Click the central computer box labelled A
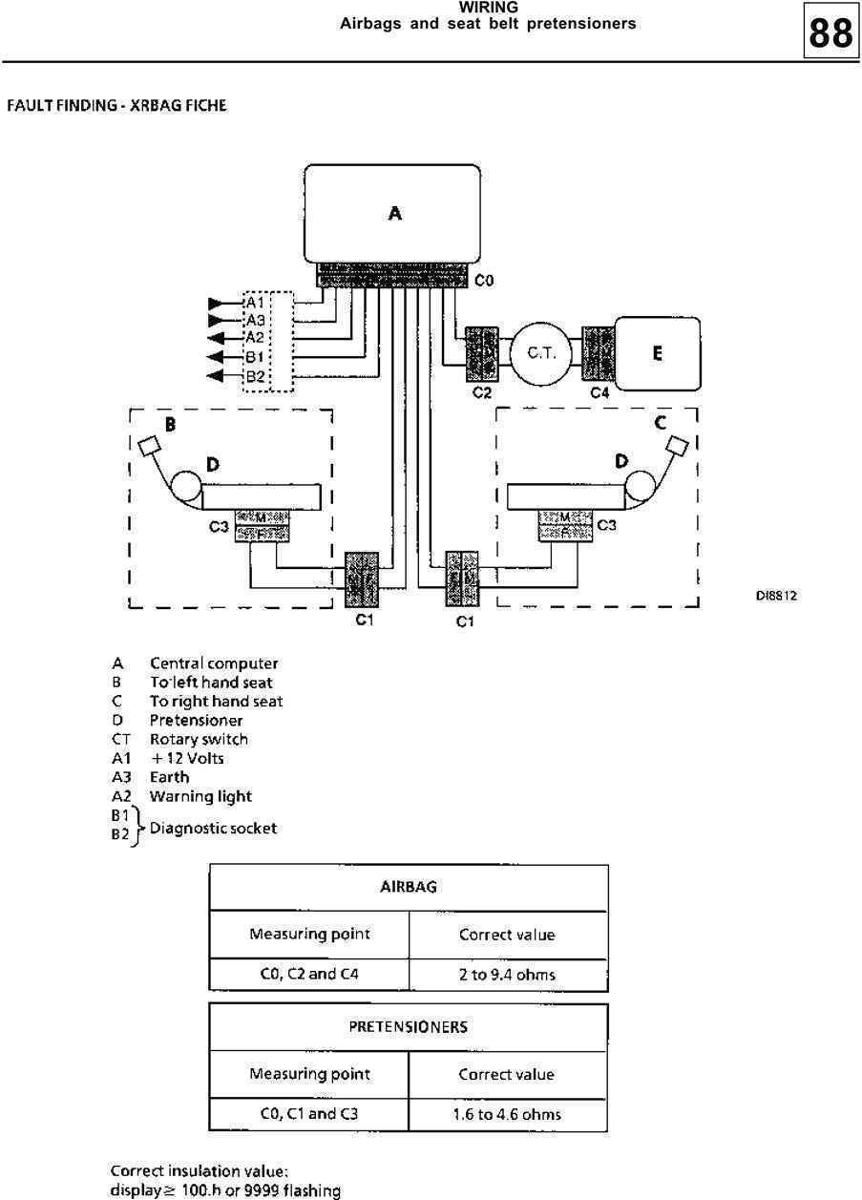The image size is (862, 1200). pyautogui.click(x=392, y=213)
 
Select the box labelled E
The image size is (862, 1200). pyautogui.click(x=657, y=353)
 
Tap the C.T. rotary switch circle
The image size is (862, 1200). pyautogui.click(x=541, y=353)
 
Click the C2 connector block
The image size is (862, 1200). pyautogui.click(x=482, y=354)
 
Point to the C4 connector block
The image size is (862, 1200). pyautogui.click(x=599, y=353)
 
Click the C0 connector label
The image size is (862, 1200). pyautogui.click(x=484, y=281)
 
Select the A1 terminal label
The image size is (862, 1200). pyautogui.click(x=255, y=302)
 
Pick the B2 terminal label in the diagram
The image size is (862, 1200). pyautogui.click(x=255, y=376)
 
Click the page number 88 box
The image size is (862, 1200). pyautogui.click(x=829, y=35)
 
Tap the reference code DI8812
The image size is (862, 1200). pyautogui.click(x=776, y=595)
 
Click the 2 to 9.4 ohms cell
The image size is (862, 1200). pyautogui.click(x=507, y=975)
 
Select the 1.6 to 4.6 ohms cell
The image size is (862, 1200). pyautogui.click(x=507, y=1114)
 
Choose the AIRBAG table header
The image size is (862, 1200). pyautogui.click(x=408, y=887)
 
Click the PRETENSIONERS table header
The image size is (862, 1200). pyautogui.click(x=408, y=1027)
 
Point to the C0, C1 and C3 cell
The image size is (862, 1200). pyautogui.click(x=309, y=1114)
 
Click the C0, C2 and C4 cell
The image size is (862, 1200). pyautogui.click(x=309, y=975)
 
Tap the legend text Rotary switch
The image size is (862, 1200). pyautogui.click(x=199, y=739)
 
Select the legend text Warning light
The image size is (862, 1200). pyautogui.click(x=200, y=796)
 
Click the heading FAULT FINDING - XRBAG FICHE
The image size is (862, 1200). pyautogui.click(x=116, y=105)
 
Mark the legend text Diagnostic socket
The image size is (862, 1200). pyautogui.click(x=213, y=828)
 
